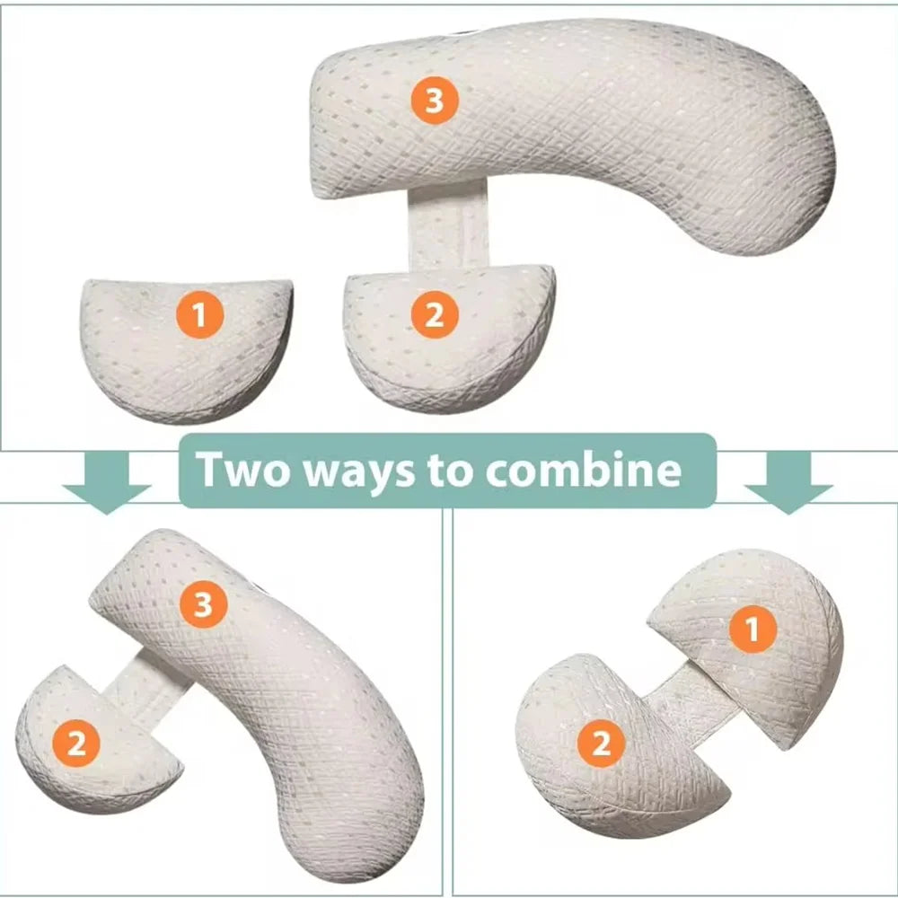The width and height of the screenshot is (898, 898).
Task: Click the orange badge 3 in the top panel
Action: tap(435, 101)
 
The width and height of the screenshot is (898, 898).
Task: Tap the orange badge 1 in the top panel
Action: tap(199, 316)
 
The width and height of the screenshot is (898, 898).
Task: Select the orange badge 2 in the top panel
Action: tap(434, 316)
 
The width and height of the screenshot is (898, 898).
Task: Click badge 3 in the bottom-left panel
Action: tap(203, 605)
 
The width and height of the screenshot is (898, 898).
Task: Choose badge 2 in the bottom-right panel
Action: tap(601, 744)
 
